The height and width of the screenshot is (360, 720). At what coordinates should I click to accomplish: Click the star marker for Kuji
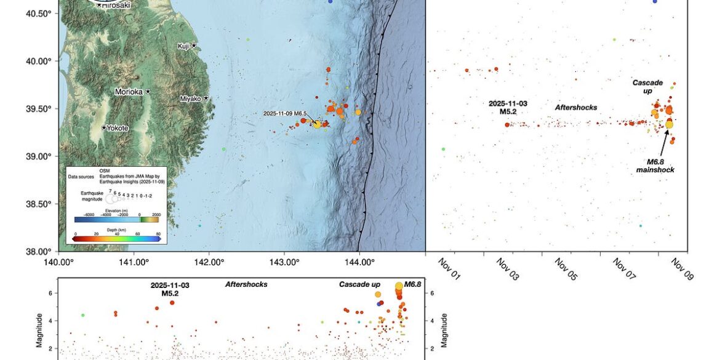pyautogui.click(x=194, y=46)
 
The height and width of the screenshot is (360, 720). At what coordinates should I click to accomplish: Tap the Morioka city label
pyautogui.click(x=129, y=92)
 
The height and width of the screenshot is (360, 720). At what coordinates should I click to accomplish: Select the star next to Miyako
pyautogui.click(x=206, y=98)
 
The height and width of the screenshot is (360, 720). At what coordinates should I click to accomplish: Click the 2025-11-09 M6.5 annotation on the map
pyautogui.click(x=285, y=113)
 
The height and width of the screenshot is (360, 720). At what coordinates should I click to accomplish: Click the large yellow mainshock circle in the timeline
pyautogui.click(x=669, y=124)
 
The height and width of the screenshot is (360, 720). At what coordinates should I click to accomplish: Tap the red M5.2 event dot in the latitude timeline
pyautogui.click(x=508, y=124)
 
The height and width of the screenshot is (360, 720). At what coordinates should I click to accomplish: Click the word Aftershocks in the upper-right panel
pyautogui.click(x=576, y=107)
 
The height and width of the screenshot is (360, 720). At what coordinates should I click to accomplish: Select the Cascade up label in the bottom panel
pyautogui.click(x=360, y=285)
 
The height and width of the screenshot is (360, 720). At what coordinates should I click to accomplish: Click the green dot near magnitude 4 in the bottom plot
pyautogui.click(x=82, y=315)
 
